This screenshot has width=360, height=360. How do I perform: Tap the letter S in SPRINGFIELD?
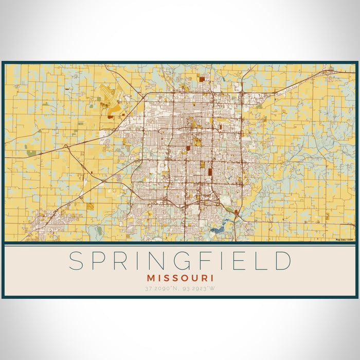76,261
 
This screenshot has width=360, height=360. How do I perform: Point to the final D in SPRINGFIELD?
282,261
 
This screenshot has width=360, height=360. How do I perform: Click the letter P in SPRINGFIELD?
98,261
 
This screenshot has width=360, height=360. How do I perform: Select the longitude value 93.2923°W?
197,288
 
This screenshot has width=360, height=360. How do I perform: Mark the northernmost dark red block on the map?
202,79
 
